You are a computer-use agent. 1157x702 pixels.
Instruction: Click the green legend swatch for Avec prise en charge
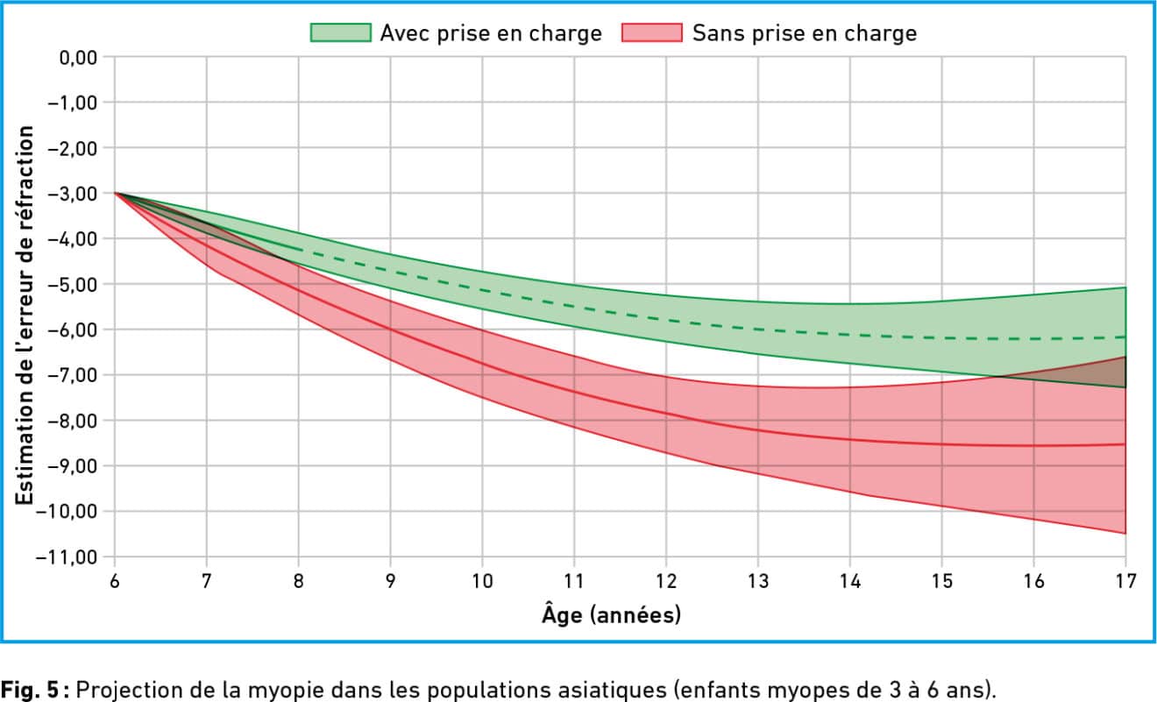tap(340, 33)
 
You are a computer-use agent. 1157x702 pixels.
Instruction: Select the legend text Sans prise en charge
tap(804, 33)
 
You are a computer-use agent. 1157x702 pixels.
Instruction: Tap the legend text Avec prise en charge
tap(490, 33)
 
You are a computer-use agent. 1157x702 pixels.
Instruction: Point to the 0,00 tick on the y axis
tap(77, 58)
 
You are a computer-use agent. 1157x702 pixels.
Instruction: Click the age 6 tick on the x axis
tap(114, 580)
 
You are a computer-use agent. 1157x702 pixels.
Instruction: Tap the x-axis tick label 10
tap(481, 580)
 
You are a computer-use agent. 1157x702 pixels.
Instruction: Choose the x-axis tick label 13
tap(757, 580)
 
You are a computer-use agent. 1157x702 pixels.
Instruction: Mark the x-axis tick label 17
tap(1125, 580)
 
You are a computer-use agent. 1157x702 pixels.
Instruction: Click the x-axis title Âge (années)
tap(611, 615)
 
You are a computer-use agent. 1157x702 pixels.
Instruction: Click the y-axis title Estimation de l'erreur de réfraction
tap(26, 316)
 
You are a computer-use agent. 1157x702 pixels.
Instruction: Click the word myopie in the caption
tap(270, 686)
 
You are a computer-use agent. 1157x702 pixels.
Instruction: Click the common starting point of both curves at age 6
tap(115, 193)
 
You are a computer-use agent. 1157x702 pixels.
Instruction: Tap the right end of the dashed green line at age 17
tap(1125, 337)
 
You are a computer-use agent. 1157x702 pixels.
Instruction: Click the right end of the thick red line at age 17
tap(1125, 444)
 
